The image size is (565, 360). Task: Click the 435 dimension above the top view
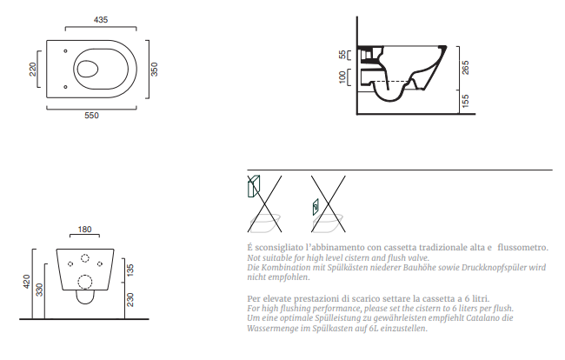pyautogui.click(x=101, y=19)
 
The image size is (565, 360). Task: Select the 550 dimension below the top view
pyautogui.click(x=91, y=116)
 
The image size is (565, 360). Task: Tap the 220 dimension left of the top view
pyautogui.click(x=32, y=70)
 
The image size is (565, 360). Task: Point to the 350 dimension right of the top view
pyautogui.click(x=154, y=70)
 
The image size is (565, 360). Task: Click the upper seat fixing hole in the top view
pyautogui.click(x=65, y=51)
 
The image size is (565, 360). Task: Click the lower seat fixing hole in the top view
pyautogui.click(x=65, y=87)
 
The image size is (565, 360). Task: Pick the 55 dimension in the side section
pyautogui.click(x=342, y=55)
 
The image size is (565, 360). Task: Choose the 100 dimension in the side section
pyautogui.click(x=342, y=77)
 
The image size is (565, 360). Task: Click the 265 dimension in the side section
pyautogui.click(x=466, y=68)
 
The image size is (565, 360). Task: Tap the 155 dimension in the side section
pyautogui.click(x=466, y=101)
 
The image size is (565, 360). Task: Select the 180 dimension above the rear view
pyautogui.click(x=84, y=230)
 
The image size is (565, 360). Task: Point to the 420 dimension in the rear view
pyautogui.click(x=27, y=282)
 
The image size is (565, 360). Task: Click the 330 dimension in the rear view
pyautogui.click(x=39, y=290)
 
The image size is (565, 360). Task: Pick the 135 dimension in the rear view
pyautogui.click(x=130, y=270)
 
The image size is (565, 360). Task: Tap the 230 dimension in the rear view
pyautogui.click(x=130, y=299)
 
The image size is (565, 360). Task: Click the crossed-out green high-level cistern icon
pyautogui.click(x=254, y=186)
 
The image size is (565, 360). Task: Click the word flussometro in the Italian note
pyautogui.click(x=522, y=248)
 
